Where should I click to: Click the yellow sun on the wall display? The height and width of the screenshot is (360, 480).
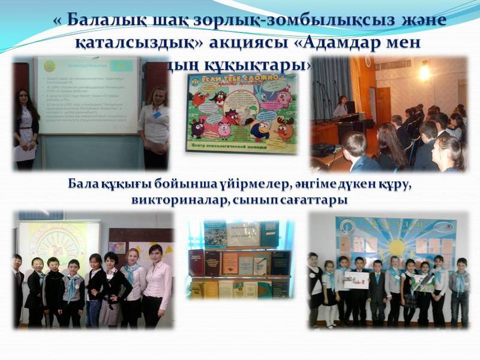click(395, 245)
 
